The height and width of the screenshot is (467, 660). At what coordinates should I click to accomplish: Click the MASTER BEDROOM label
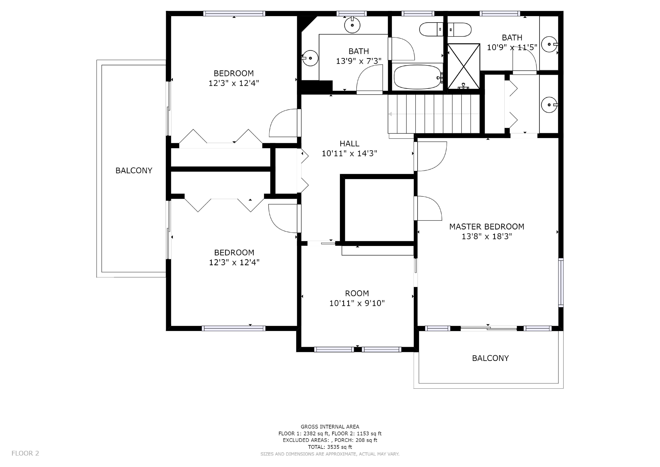pos(487,227)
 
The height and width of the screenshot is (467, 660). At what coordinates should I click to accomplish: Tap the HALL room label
pos(349,144)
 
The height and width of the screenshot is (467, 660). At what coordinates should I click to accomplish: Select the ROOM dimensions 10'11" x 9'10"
pos(357,303)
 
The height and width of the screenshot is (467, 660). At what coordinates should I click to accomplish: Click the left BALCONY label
pos(134,171)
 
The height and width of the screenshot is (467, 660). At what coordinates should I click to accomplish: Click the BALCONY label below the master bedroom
pos(490,358)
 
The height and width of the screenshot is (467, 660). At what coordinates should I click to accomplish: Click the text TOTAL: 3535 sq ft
pos(330,447)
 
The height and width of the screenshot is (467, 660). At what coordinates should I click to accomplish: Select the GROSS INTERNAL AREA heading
pos(330,427)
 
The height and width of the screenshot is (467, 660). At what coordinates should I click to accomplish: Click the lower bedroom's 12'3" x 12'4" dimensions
pos(234,262)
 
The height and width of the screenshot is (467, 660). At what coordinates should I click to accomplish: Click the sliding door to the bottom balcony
pos(489,328)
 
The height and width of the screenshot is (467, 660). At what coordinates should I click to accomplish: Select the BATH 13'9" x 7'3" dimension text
pos(359,61)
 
